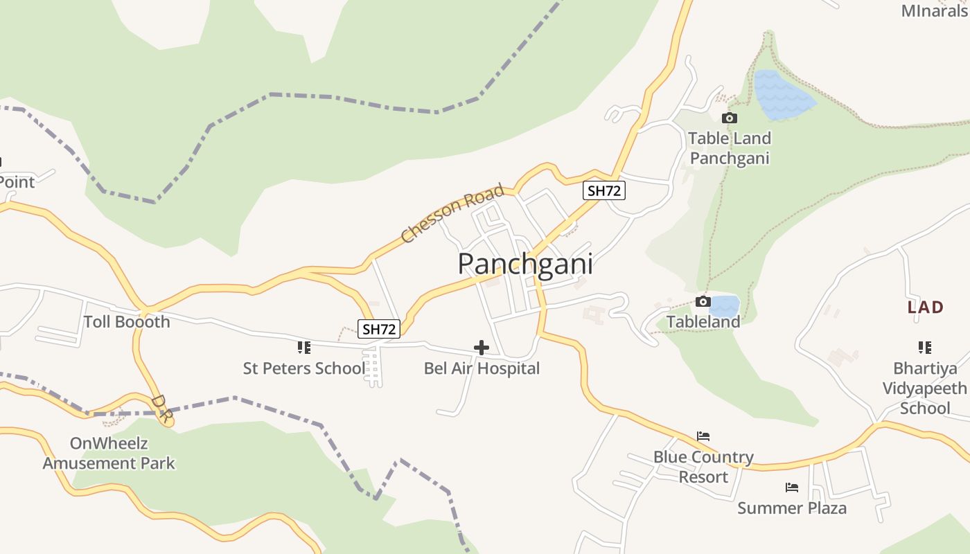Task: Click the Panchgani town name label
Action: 525,264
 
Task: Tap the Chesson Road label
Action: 452,213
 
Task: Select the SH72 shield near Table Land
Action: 604,191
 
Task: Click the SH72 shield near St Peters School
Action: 379,329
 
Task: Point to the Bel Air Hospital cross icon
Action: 481,347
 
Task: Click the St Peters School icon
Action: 303,347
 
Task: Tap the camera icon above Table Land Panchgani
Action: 729,118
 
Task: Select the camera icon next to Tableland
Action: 703,301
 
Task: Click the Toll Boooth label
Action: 127,321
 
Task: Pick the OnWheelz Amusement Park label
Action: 109,453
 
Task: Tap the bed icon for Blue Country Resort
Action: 703,436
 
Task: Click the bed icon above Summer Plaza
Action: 792,488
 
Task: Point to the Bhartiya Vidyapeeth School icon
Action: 924,347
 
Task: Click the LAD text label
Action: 926,307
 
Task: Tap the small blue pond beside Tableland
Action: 725,306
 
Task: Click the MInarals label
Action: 934,10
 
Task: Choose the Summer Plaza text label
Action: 792,508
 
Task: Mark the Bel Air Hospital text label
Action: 482,368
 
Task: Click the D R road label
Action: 161,409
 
